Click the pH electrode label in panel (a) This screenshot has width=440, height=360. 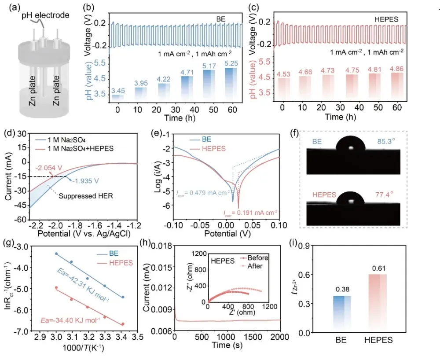46,15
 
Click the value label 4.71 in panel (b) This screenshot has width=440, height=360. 187,72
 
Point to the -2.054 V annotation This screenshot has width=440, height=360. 49,168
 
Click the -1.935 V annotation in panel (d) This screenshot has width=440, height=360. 85,181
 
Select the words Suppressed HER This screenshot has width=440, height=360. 86,196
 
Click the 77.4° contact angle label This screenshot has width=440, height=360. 384,195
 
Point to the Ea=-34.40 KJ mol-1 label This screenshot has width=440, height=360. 70,320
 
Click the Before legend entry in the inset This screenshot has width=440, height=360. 254,258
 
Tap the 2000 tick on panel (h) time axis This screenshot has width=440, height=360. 280,337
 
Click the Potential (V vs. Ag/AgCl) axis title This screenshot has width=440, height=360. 84,233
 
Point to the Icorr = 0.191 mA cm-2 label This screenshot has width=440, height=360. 250,213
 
